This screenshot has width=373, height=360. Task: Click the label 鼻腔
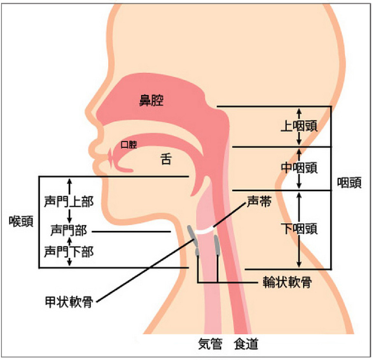tap(151, 100)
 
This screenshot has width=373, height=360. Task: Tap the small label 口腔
tap(129, 145)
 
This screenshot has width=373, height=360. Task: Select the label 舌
tap(166, 159)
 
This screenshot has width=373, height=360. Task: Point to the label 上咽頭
tap(299, 126)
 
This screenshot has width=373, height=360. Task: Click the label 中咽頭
tap(299, 168)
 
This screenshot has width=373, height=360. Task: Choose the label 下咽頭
tap(299, 229)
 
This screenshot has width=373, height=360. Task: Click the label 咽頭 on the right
tap(349, 183)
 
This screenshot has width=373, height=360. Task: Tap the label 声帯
tap(259, 202)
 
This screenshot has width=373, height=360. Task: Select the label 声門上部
tap(69, 202)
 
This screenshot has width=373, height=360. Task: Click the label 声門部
tap(69, 231)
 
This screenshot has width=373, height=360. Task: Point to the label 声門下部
tap(69, 251)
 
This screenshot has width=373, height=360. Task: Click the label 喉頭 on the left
tap(21, 222)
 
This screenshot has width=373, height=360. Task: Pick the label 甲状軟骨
tap(69, 302)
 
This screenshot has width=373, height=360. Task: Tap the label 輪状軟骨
tap(287, 283)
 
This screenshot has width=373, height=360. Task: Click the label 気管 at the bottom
tap(210, 344)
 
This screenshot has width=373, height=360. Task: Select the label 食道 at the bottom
tap(246, 344)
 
